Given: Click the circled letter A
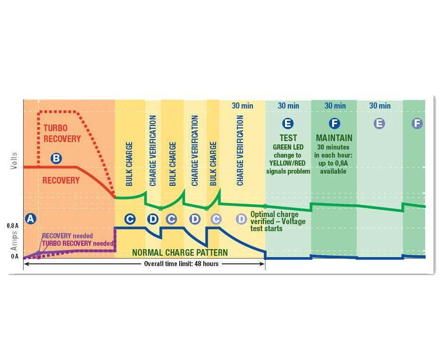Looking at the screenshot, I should [31, 218].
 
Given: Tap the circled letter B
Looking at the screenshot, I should [56, 159].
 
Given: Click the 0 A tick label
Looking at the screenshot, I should [14, 257].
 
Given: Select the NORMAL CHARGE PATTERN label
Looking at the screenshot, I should [180, 252].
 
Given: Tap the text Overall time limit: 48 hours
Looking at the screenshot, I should [181, 264].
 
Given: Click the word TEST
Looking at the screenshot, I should [288, 138].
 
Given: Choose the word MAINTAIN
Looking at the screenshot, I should [334, 138].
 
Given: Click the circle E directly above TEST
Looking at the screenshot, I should [287, 124].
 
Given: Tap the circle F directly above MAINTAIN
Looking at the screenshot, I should [334, 124].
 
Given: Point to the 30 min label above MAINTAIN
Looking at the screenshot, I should [335, 106].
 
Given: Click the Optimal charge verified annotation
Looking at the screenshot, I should [277, 221].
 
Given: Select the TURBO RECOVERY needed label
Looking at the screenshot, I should [78, 243].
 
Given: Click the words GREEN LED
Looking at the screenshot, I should [288, 147].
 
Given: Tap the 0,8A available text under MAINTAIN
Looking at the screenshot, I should [334, 171].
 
